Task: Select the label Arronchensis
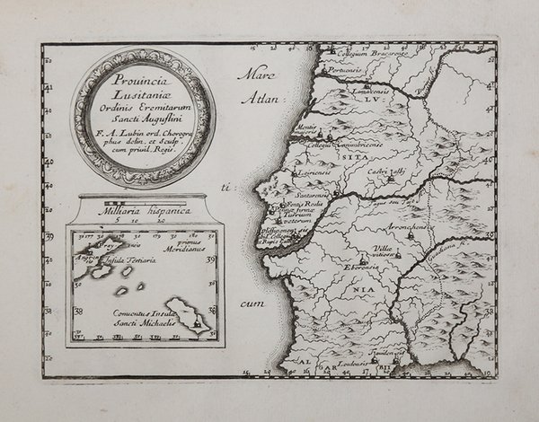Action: tap(407, 227)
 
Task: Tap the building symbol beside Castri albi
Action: tap(392, 180)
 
